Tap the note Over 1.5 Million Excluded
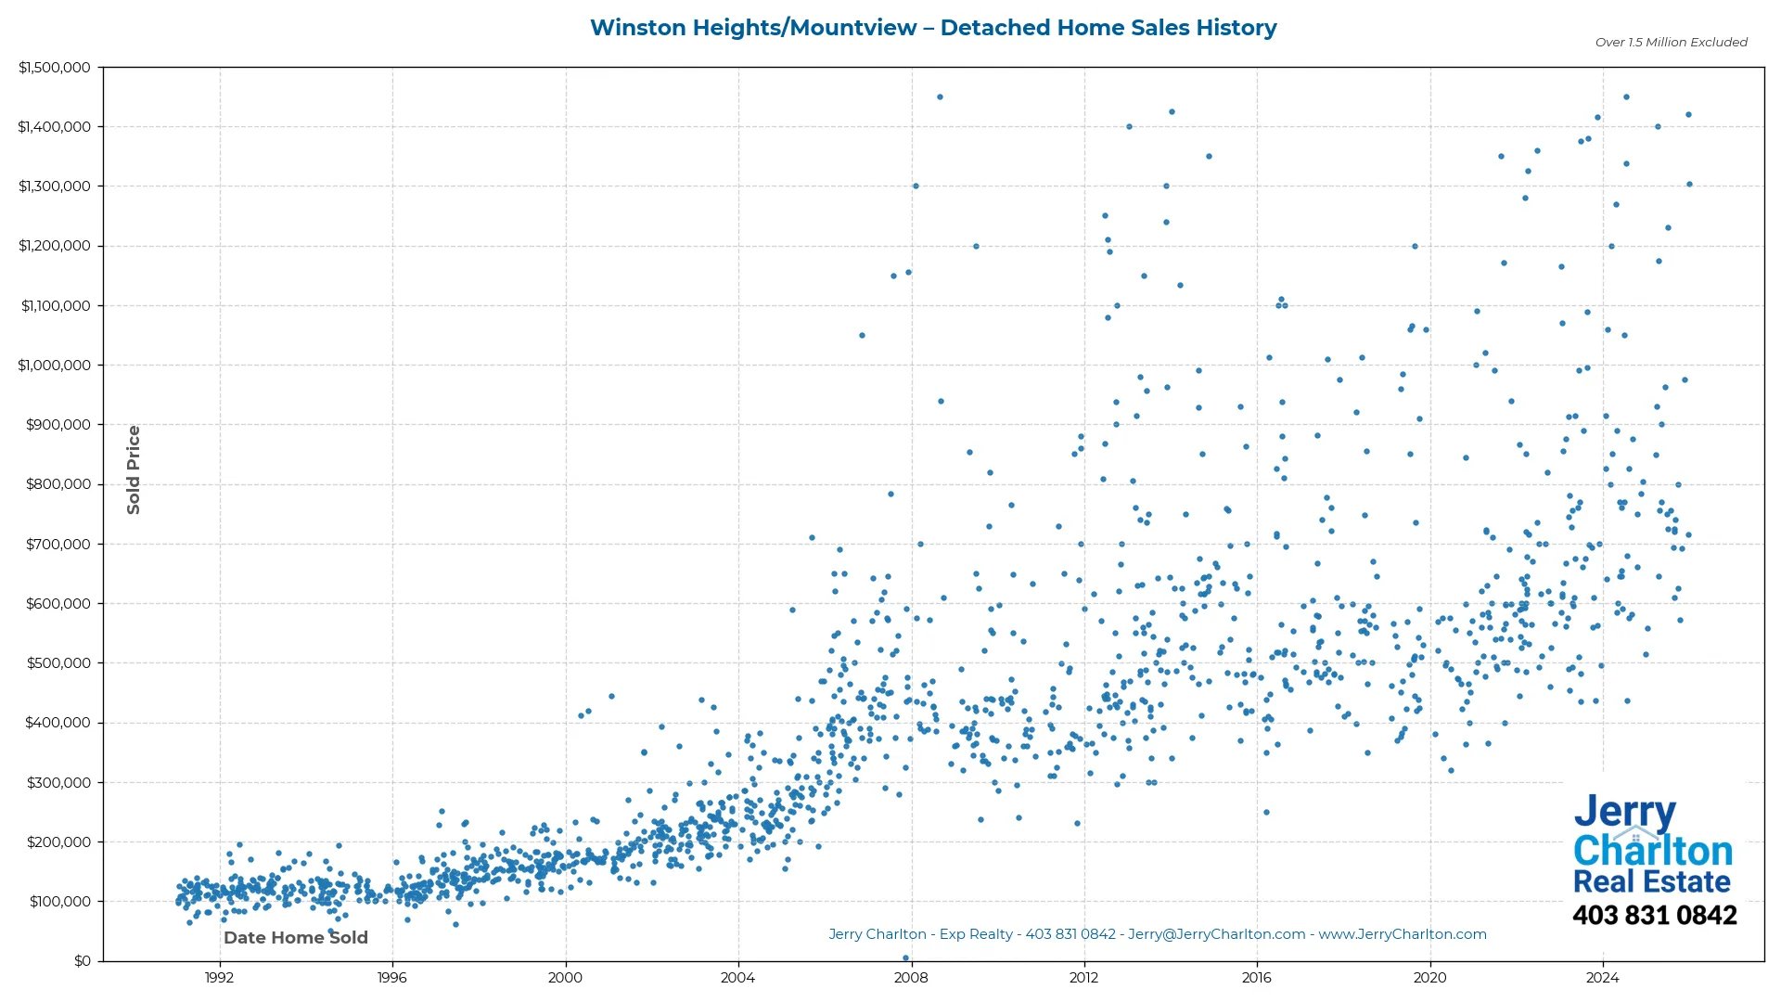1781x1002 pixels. (x=1671, y=43)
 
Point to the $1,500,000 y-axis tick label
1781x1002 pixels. (x=55, y=68)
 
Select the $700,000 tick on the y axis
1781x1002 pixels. (x=58, y=545)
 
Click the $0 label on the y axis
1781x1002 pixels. (x=83, y=961)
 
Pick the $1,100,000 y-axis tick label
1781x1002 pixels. (x=56, y=306)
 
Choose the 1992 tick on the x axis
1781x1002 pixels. (x=219, y=978)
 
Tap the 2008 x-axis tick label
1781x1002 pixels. (x=911, y=978)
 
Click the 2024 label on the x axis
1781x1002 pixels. (x=1602, y=978)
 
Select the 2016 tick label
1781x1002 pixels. (x=1257, y=978)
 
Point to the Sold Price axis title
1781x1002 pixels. (x=134, y=469)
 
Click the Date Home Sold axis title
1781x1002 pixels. (x=296, y=938)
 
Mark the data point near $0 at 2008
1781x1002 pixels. (x=905, y=958)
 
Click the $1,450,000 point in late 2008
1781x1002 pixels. (x=940, y=97)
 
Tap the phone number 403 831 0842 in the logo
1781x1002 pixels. (x=1654, y=916)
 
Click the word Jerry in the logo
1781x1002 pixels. (x=1624, y=813)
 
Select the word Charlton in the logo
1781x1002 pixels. (x=1653, y=851)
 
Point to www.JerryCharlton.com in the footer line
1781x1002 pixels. (x=1403, y=935)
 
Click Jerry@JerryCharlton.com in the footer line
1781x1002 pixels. (x=1216, y=935)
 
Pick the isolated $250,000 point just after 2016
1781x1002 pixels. (x=1266, y=813)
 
